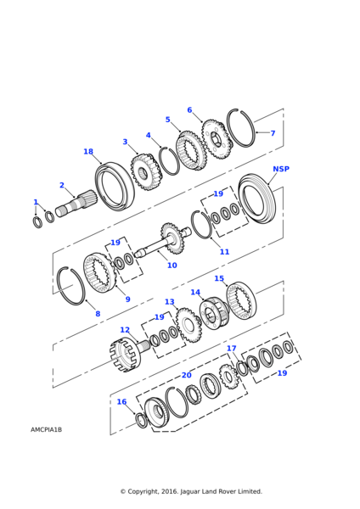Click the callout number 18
tap(88, 152)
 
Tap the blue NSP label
tap(281, 169)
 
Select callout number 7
tap(273, 133)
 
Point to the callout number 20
tap(187, 375)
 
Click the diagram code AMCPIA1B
tap(46, 429)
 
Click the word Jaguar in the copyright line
tap(190, 491)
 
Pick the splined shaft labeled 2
tap(76, 204)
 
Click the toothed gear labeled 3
tap(146, 172)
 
